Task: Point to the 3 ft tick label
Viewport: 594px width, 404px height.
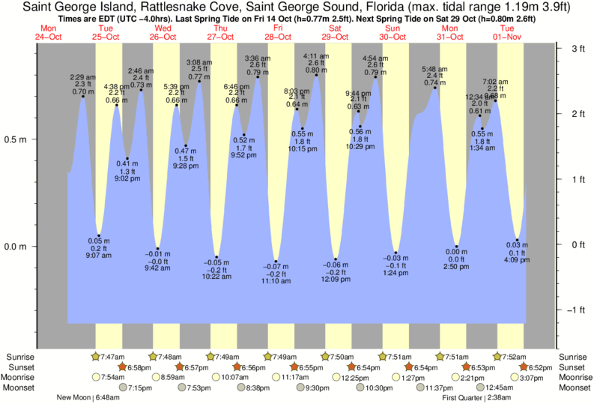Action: (578, 49)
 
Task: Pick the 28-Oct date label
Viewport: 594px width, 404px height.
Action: (278, 36)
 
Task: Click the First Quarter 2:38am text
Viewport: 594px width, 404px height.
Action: (479, 398)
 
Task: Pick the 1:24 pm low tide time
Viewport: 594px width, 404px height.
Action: (396, 274)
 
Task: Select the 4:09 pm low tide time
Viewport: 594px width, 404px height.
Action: (518, 261)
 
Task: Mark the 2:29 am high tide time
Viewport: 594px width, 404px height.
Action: (82, 76)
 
